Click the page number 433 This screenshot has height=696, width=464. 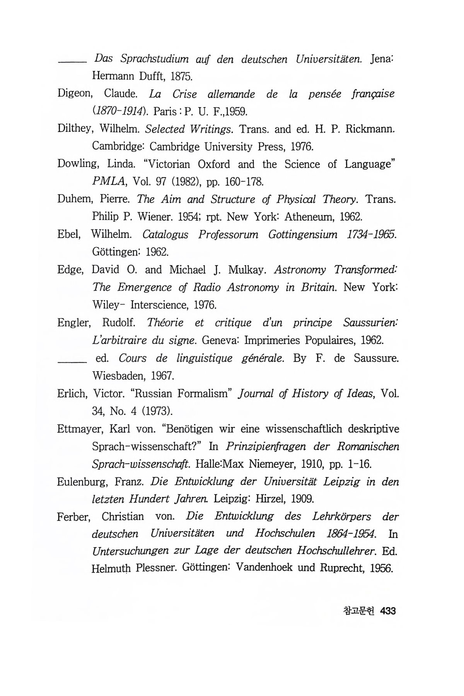click(388, 611)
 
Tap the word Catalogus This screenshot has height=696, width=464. click(165, 234)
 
